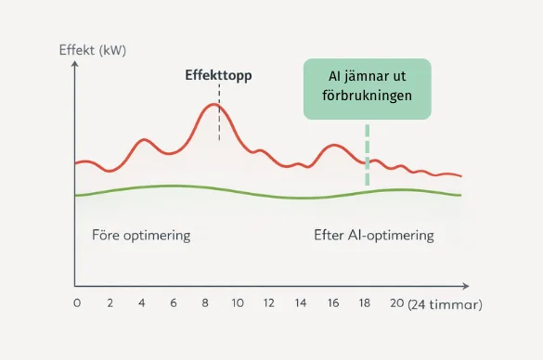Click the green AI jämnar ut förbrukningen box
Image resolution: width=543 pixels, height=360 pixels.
point(367,88)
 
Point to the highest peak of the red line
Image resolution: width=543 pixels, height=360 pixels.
point(214,105)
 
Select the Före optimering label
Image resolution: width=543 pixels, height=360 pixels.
point(141,235)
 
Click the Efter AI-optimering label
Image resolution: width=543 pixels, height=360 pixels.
point(374,235)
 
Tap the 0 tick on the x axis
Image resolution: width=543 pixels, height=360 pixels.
point(77,303)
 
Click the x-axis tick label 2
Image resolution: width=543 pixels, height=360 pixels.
point(109,303)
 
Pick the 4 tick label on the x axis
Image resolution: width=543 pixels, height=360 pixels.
point(141,303)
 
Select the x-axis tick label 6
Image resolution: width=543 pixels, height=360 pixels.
point(174,303)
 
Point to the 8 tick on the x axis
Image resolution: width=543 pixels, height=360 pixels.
point(205,303)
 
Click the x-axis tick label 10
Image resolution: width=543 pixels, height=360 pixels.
point(238,303)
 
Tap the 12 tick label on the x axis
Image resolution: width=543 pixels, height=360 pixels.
point(269,303)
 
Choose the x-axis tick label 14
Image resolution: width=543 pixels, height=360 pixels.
point(301,303)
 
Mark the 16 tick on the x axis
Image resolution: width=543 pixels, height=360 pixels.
point(333,303)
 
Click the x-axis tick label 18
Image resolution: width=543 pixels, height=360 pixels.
point(365,303)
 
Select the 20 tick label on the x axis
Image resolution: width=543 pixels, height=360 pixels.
point(396,303)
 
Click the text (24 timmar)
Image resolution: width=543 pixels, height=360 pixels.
point(446,304)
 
